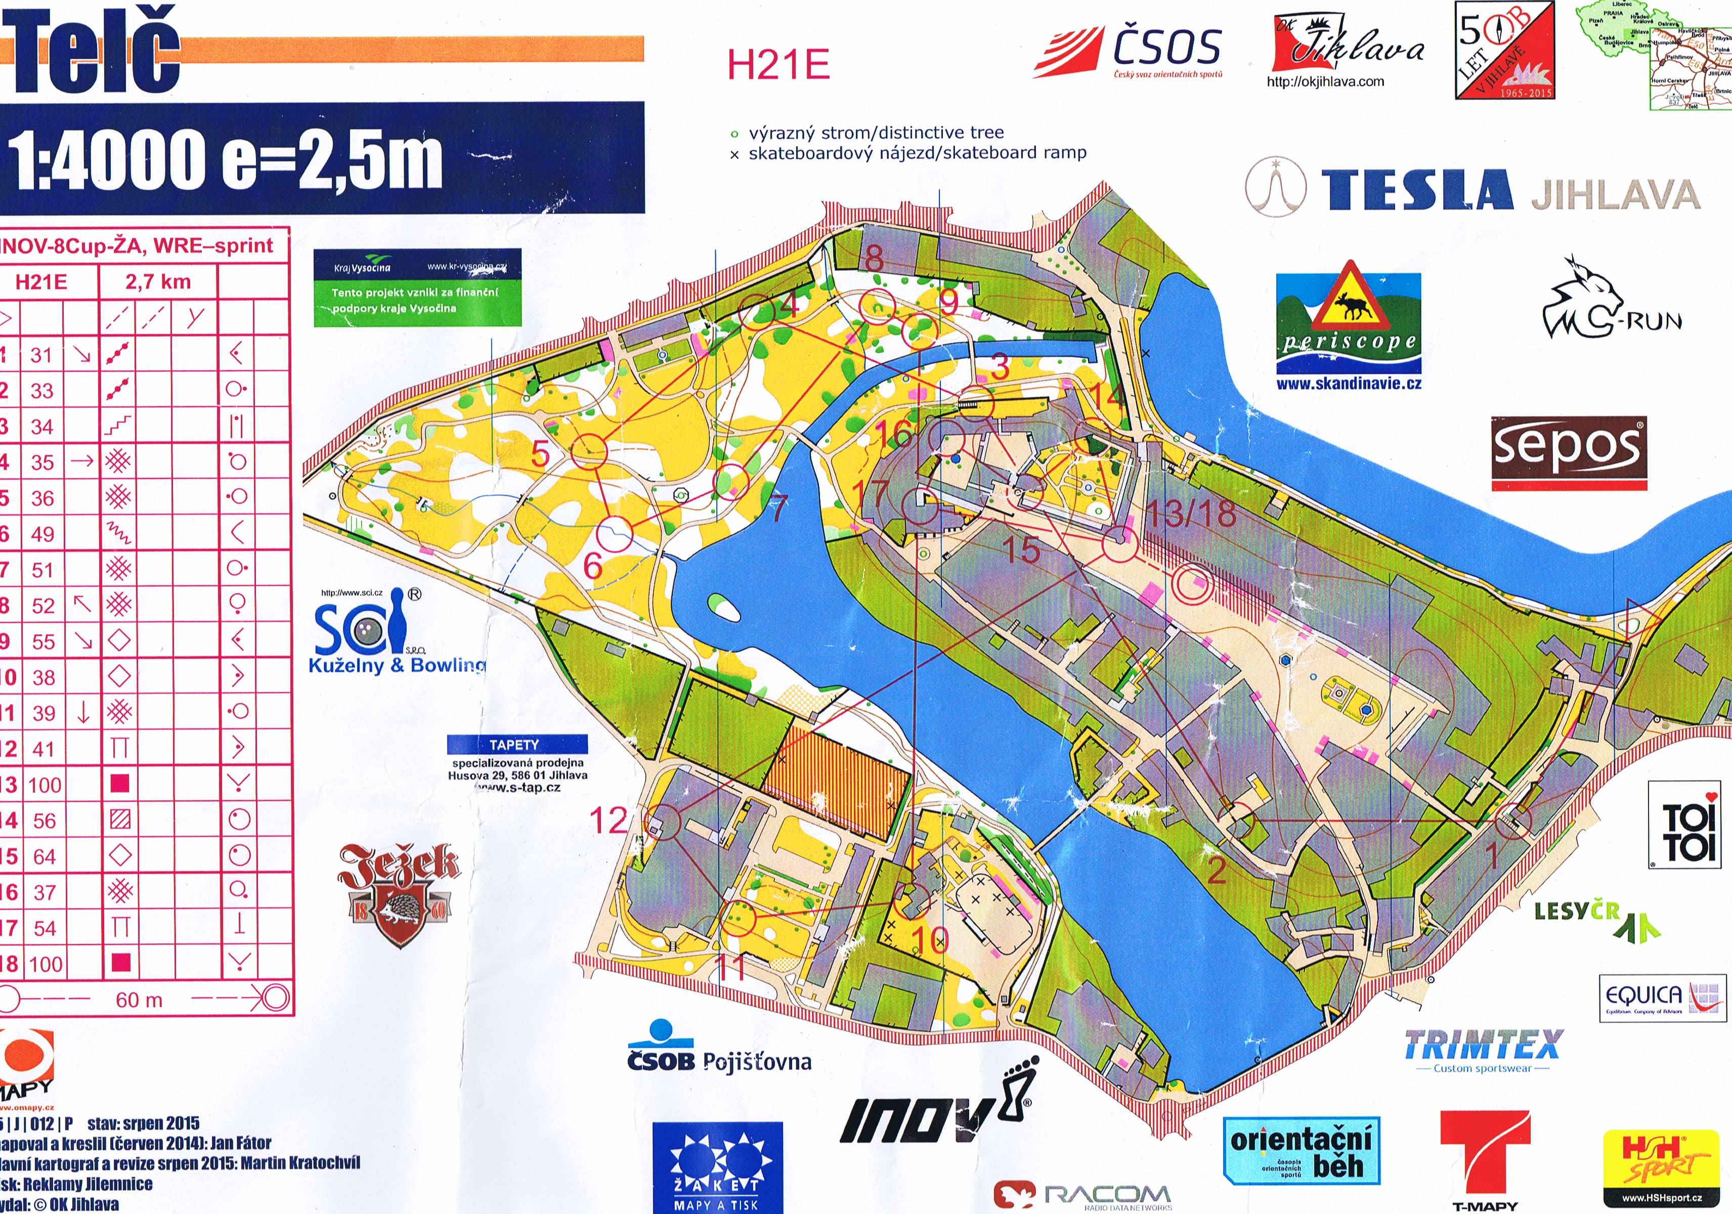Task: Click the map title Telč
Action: (94, 53)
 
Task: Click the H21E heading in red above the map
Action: (778, 64)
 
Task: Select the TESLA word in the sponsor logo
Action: (1417, 190)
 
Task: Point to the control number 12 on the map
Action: (608, 820)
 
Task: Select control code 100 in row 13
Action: (45, 785)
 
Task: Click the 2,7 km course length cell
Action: (158, 282)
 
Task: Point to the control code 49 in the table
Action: (42, 534)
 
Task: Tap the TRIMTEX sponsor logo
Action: (1482, 1045)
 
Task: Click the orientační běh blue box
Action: (1301, 1151)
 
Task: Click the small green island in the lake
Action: (723, 606)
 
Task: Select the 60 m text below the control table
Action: (139, 1001)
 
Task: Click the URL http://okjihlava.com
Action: (1325, 81)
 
